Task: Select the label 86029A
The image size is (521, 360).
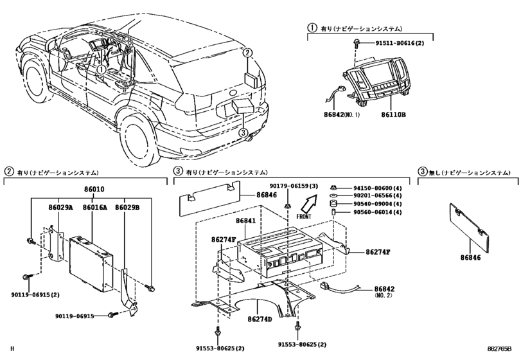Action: pos(60,208)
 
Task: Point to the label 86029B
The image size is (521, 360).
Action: pos(128,208)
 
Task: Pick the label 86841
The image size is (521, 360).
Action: pos(245,221)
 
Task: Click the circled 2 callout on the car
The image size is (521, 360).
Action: pos(247,53)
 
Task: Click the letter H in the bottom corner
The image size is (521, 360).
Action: pos(12,349)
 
